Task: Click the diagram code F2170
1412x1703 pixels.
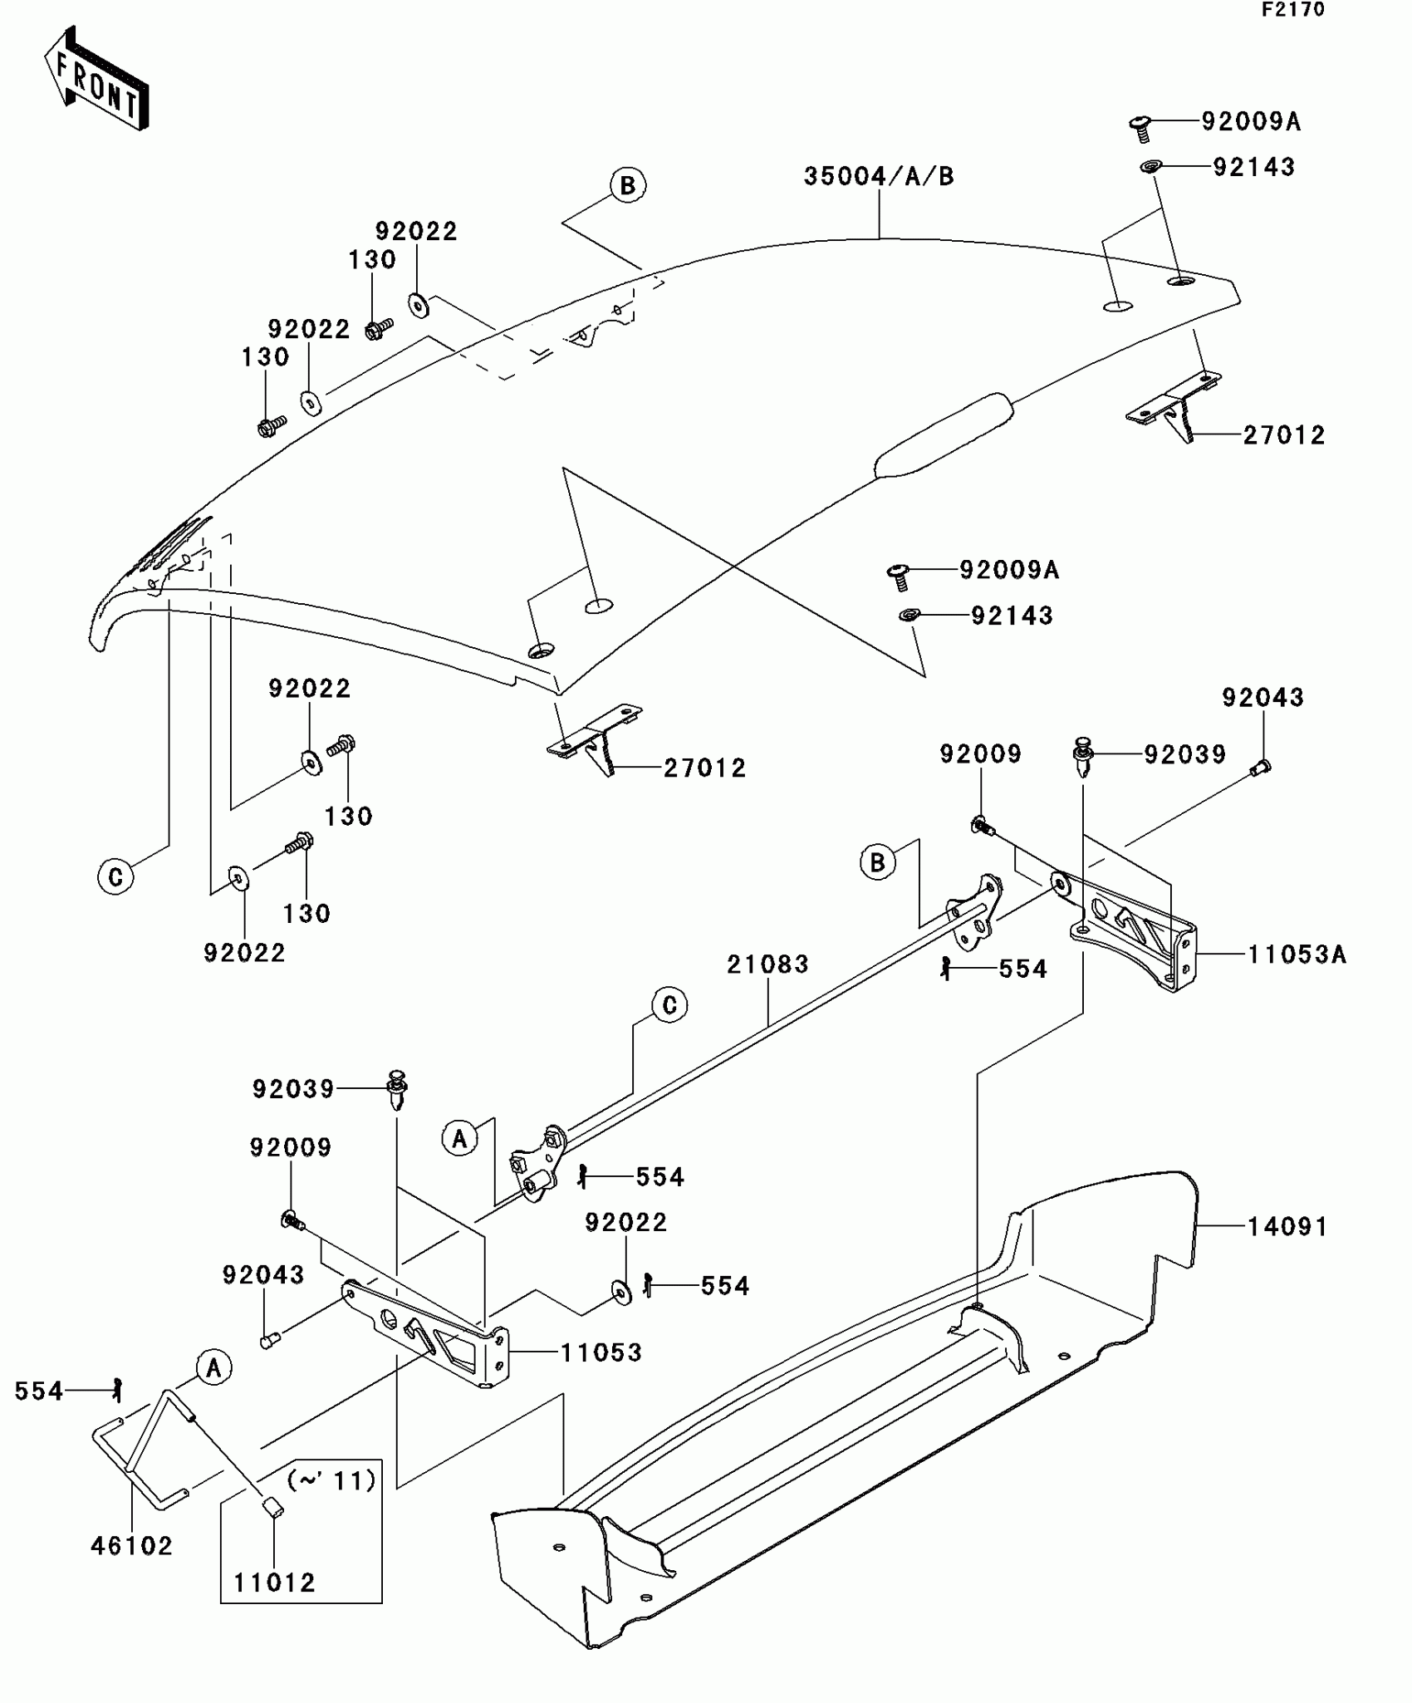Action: [1292, 10]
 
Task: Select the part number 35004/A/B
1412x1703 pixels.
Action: [879, 177]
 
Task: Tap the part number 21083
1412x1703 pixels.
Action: [767, 964]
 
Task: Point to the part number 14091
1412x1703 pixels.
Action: [1287, 1226]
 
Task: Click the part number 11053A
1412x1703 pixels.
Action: [1297, 955]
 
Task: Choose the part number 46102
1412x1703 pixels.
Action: [131, 1546]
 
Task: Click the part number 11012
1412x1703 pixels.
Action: [275, 1583]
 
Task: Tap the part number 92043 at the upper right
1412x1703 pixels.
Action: [1262, 698]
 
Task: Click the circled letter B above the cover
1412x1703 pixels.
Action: [628, 185]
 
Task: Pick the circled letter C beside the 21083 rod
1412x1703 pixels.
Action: [669, 1006]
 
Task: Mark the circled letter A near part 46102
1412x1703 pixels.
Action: [213, 1367]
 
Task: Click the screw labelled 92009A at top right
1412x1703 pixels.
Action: [1140, 129]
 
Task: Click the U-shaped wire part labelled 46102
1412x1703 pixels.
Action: [141, 1445]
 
